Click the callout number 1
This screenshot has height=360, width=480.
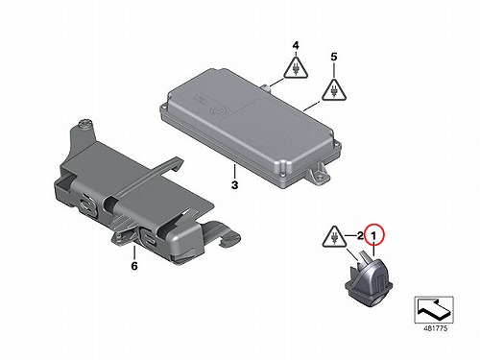click(373, 237)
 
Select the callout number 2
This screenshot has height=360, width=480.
click(360, 236)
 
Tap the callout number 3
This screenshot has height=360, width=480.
click(234, 185)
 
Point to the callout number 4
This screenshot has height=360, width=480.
click(296, 46)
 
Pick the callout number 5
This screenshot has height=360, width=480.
click(334, 57)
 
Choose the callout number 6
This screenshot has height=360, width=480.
click(134, 266)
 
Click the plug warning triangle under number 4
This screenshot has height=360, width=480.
click(296, 68)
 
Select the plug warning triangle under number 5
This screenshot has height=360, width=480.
click(334, 90)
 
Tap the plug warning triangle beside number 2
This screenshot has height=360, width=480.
click(334, 237)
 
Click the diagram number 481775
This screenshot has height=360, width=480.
click(435, 328)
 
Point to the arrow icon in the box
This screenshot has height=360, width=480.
click(434, 309)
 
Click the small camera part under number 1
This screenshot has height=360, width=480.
click(369, 277)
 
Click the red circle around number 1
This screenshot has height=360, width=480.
click(374, 235)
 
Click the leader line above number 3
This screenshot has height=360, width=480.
click(234, 171)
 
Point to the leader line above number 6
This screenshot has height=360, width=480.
click(134, 252)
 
